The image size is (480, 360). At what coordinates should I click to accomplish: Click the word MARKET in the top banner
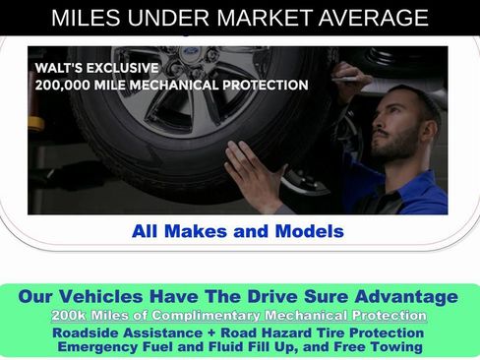tap(265, 18)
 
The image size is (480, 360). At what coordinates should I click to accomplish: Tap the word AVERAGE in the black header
tap(374, 18)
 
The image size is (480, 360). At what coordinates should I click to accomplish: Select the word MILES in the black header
tap(86, 18)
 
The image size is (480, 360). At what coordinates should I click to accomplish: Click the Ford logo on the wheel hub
tap(190, 51)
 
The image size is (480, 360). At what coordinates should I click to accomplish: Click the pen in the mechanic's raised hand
tap(348, 79)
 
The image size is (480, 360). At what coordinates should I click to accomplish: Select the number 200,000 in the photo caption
tap(62, 86)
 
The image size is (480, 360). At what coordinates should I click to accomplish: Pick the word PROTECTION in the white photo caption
tap(266, 85)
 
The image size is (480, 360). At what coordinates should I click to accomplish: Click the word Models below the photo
tap(310, 231)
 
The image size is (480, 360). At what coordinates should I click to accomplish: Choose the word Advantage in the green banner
tap(406, 297)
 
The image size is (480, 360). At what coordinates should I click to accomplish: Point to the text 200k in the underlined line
tap(69, 316)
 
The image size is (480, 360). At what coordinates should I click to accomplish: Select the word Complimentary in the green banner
tap(206, 316)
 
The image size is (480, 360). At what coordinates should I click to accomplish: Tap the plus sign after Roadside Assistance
tap(211, 333)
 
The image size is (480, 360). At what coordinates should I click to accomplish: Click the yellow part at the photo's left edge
tap(35, 124)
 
